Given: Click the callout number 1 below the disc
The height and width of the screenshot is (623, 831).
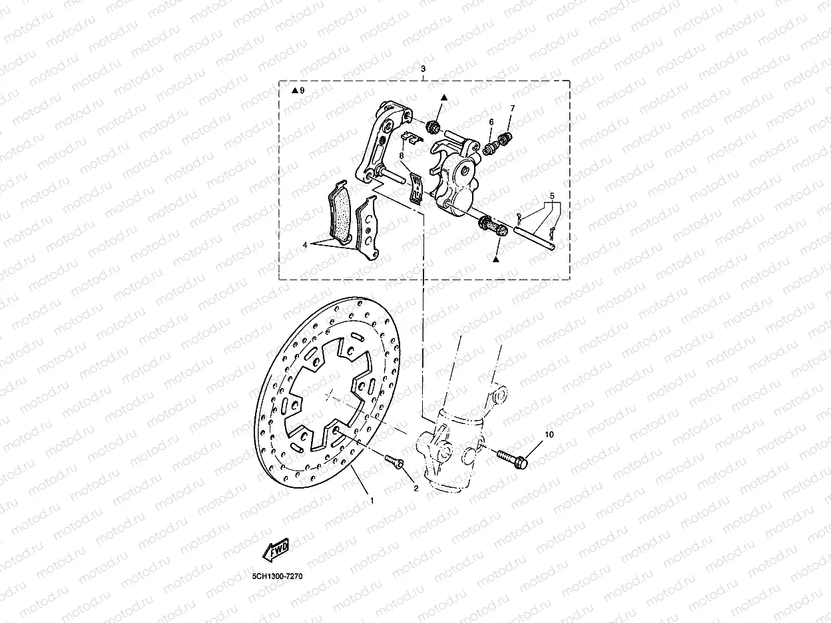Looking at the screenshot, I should (372, 499).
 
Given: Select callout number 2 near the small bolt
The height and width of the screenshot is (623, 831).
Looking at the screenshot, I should (415, 488).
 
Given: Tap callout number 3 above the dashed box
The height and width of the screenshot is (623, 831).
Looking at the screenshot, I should (423, 69).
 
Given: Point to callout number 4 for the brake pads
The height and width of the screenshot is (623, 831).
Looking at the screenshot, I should (304, 245).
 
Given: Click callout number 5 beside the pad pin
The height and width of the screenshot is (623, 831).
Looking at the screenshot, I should (551, 196).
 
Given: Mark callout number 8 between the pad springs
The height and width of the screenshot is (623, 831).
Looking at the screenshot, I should (402, 155).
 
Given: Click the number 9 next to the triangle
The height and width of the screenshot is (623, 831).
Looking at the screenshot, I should (302, 90).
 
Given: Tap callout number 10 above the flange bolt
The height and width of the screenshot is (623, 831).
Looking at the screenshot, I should (549, 435).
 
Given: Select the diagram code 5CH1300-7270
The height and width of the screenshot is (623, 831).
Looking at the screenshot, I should (277, 576).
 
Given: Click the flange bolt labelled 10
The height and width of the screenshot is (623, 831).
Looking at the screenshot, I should (512, 457).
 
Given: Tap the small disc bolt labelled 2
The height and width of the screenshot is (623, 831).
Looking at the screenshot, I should (395, 461).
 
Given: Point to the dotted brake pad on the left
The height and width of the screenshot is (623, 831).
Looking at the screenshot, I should (340, 213).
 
